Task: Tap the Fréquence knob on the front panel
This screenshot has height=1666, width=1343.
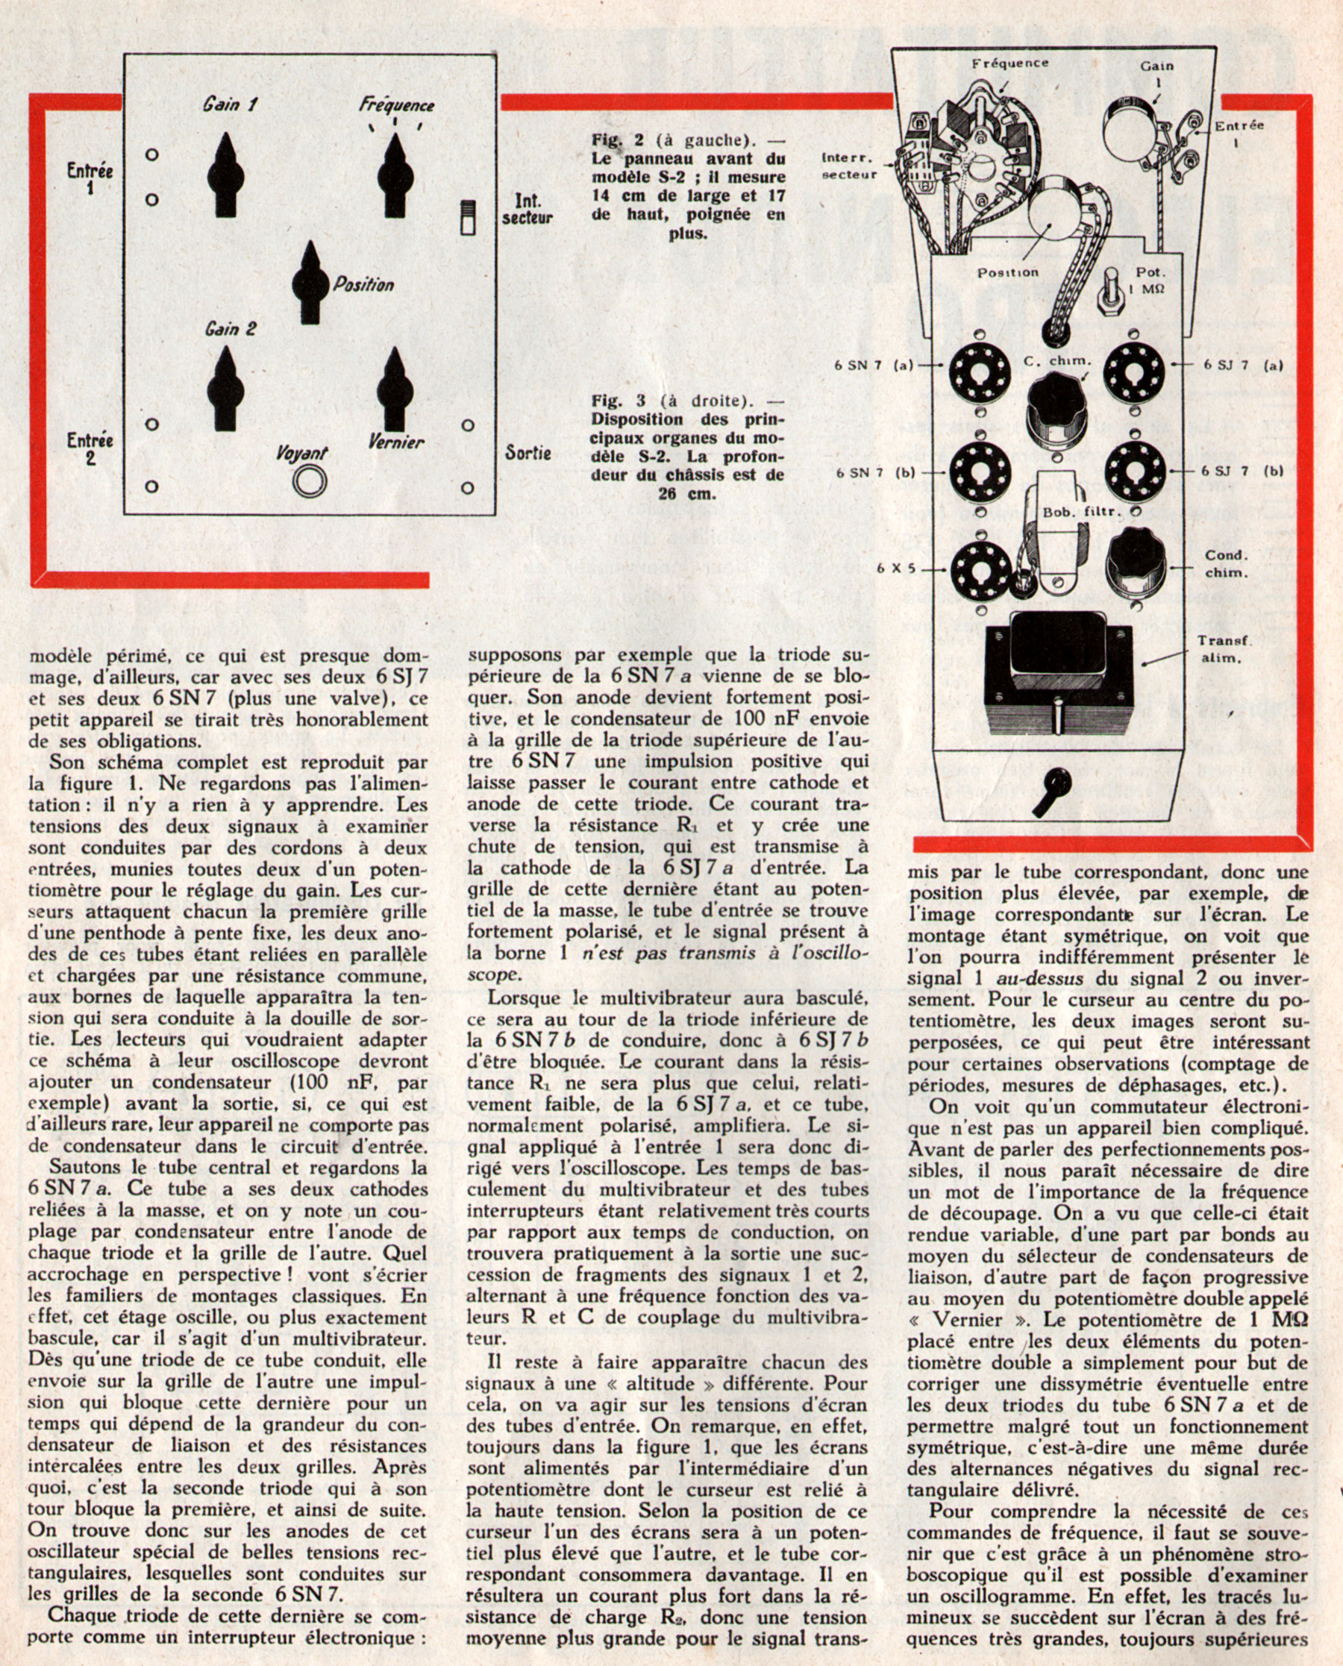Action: [395, 178]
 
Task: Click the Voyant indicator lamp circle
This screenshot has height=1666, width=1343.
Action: [311, 482]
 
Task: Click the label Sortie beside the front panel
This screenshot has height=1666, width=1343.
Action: [528, 451]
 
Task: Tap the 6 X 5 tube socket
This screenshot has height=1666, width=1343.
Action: [980, 569]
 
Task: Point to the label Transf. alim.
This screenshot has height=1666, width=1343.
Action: [1220, 650]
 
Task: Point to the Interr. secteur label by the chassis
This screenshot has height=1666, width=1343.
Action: [848, 166]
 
